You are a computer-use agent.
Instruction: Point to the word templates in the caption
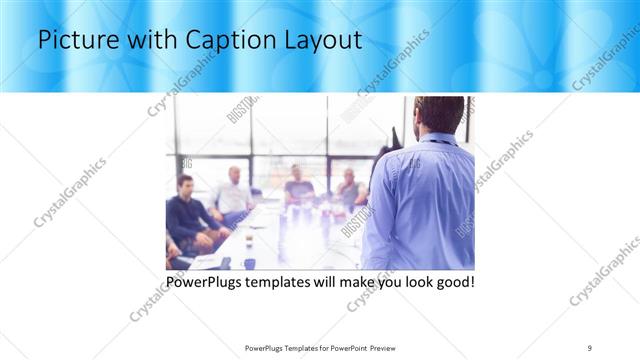tap(290, 283)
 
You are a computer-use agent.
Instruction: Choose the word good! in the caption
tap(452, 283)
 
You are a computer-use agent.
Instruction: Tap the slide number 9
tap(590, 347)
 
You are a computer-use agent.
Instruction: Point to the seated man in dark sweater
tap(187, 213)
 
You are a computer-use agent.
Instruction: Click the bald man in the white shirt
tap(233, 191)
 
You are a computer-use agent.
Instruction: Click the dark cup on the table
tap(249, 263)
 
